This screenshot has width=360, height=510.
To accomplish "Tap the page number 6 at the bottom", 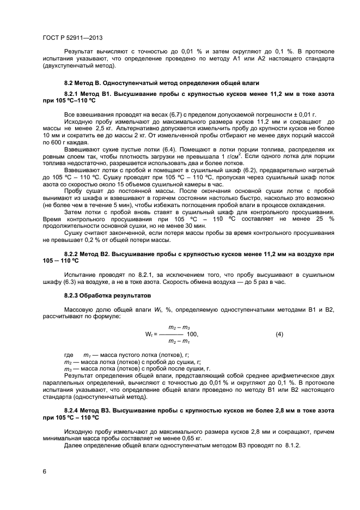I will pos(44,471).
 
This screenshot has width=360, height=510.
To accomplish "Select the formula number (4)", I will pos(279,334).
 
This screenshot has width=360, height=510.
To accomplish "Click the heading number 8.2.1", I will pos(74,95).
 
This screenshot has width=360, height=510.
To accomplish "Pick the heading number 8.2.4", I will pos(74,410).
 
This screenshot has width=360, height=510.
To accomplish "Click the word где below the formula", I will pos(69,354).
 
